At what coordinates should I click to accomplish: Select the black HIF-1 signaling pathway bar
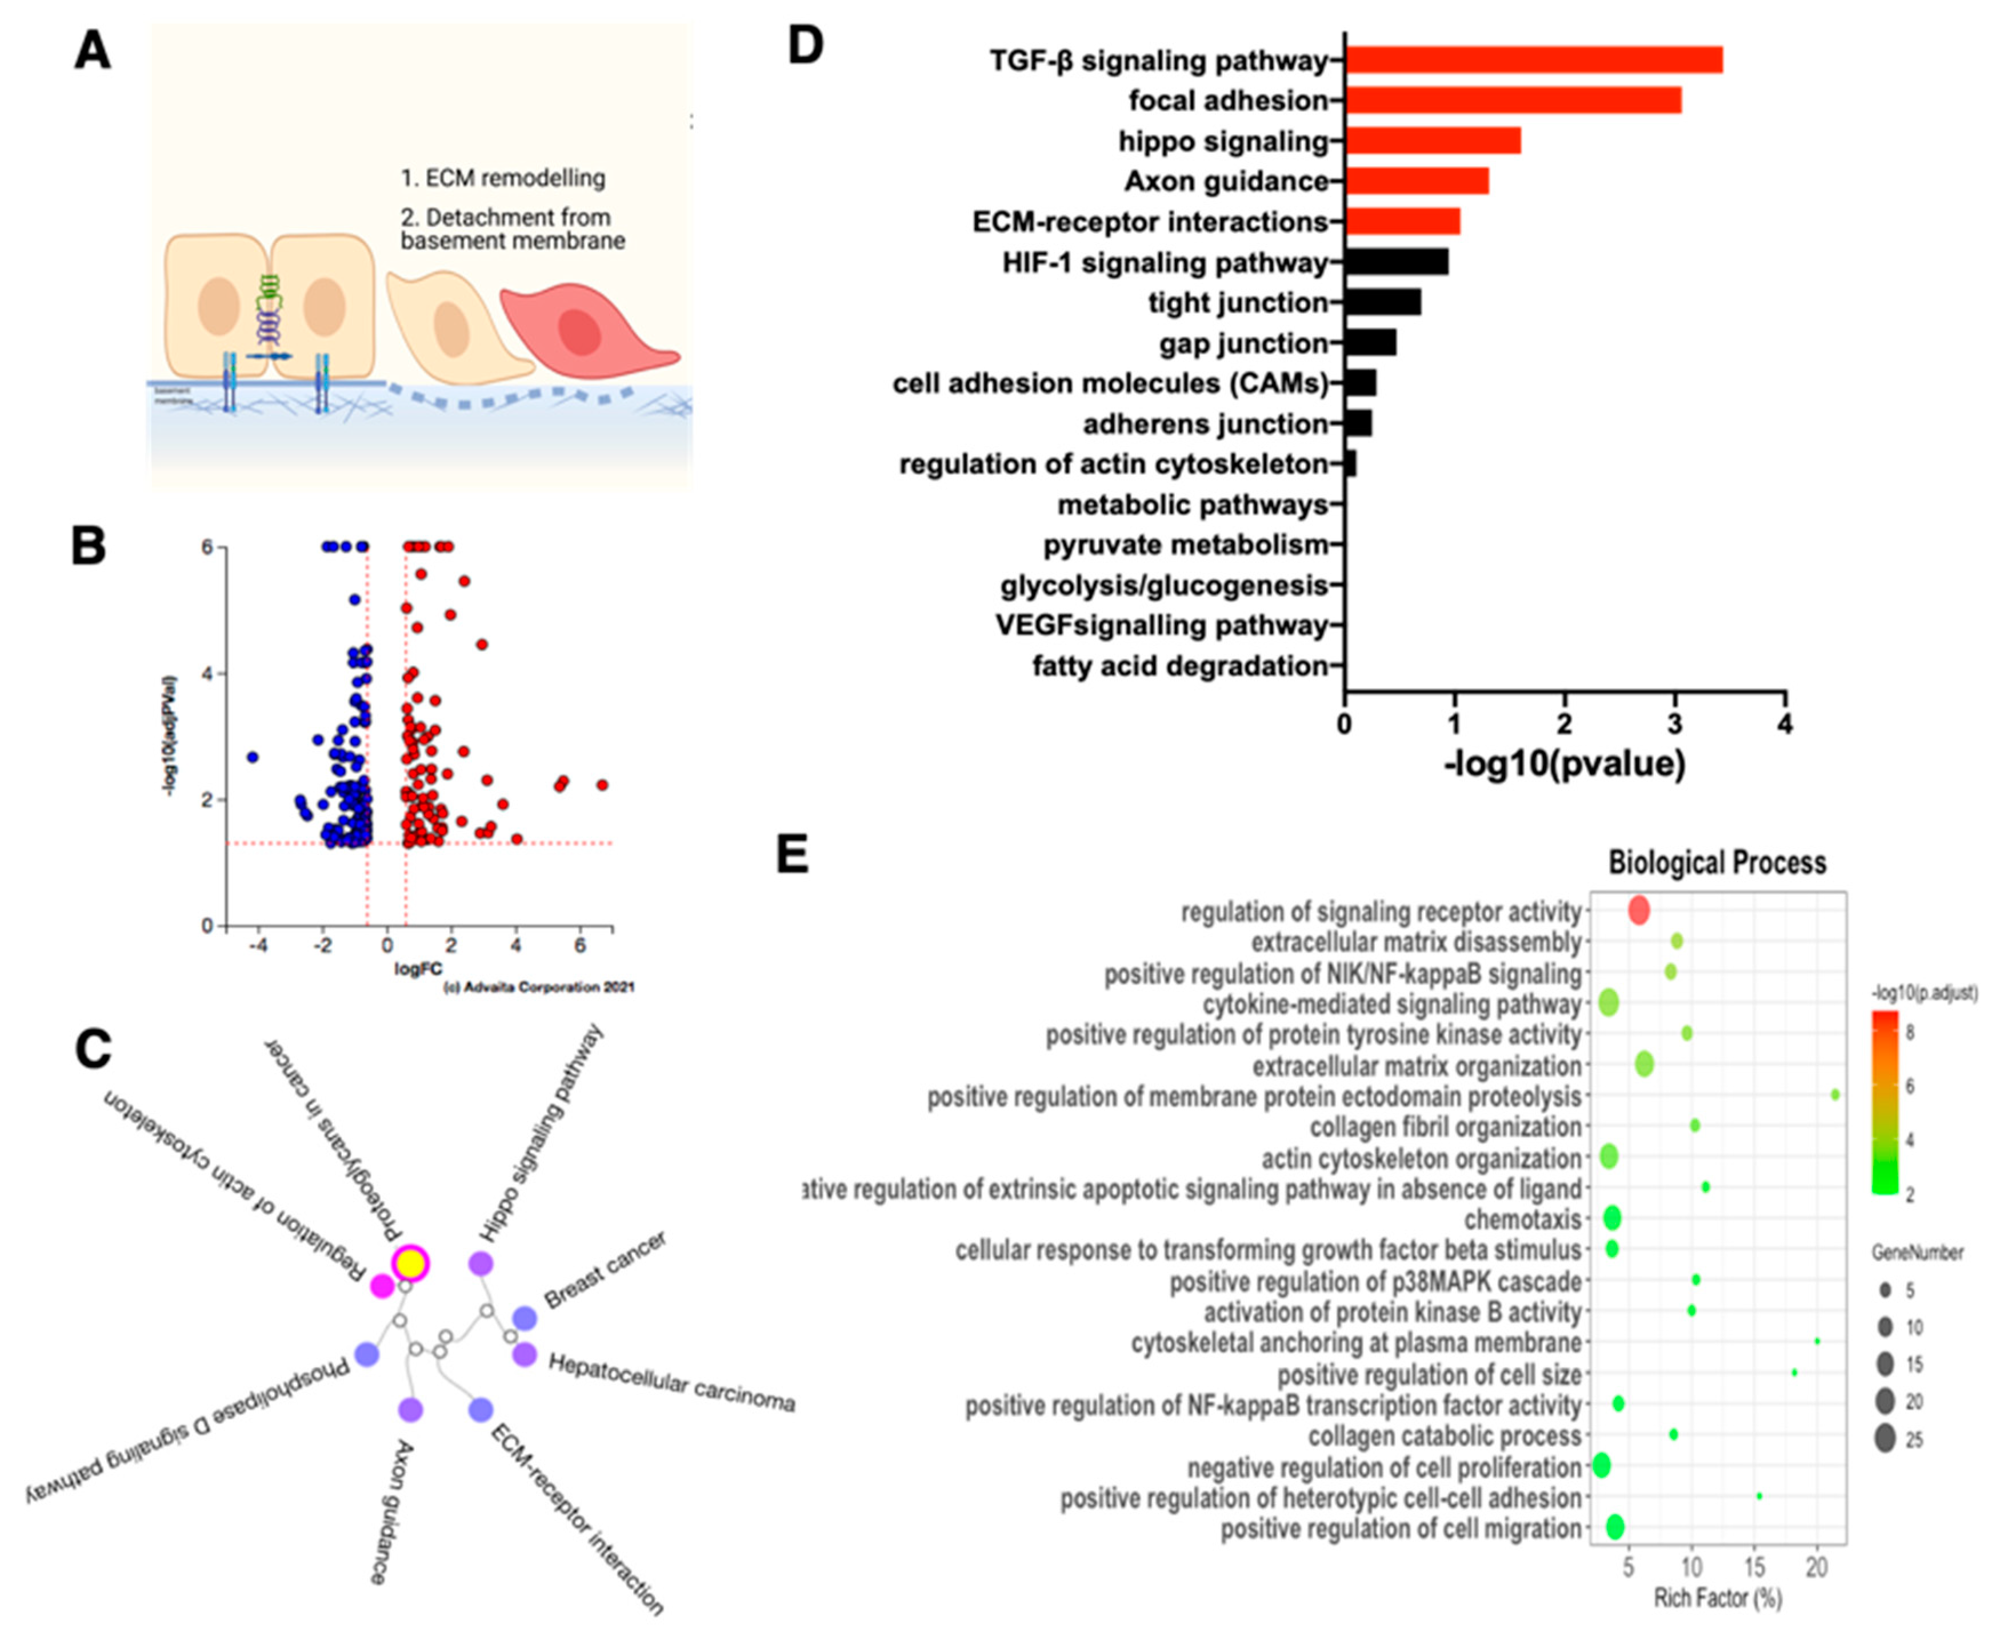1396,262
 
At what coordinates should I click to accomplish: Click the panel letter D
805,46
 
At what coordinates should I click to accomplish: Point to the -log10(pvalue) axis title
1565,763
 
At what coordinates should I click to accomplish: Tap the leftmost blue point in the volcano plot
252,757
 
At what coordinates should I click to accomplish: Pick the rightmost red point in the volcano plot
602,785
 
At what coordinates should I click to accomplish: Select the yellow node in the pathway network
410,1263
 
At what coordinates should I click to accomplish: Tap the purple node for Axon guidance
410,1410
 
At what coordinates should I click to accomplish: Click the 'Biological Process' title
1717,863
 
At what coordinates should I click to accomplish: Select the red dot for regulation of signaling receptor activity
1638,911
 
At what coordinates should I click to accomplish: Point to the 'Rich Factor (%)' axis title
1717,1598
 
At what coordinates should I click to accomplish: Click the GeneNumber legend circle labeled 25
1885,1439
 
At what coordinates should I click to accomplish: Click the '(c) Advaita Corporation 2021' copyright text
539,987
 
